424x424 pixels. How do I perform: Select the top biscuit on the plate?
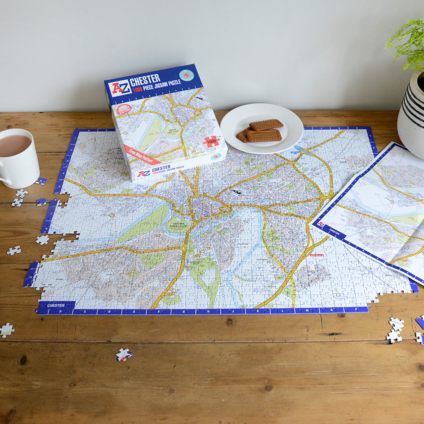coord(266,125)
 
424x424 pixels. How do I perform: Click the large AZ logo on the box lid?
coord(120,88)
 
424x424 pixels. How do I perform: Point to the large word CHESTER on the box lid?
coord(145,79)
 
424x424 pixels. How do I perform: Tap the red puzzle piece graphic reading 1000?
coord(211,141)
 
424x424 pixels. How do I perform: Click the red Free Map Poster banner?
coord(142,155)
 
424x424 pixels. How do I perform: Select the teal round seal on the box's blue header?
coord(186,75)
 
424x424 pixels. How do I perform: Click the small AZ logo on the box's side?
coord(144,173)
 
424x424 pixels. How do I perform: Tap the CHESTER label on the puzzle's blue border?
coord(56,305)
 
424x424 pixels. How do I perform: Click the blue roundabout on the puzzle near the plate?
coord(304,150)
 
